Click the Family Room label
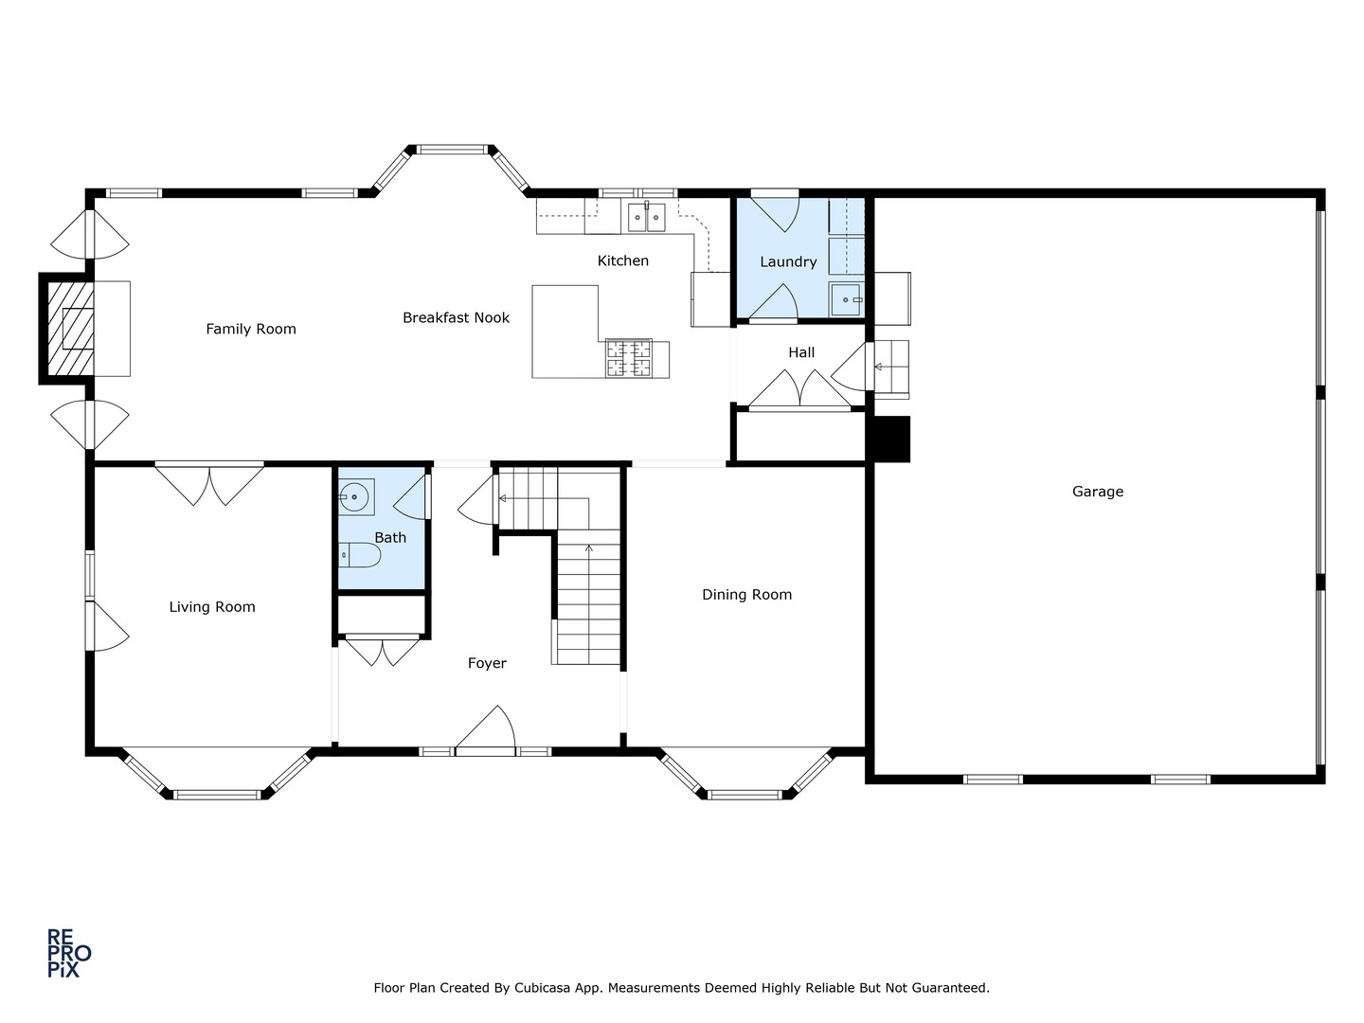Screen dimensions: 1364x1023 250,329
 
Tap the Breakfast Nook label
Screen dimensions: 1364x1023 456,317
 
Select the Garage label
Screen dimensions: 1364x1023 1098,492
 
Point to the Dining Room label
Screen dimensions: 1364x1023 746,595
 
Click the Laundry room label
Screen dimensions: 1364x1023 788,261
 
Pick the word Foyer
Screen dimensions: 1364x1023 487,663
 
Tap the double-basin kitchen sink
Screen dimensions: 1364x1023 646,217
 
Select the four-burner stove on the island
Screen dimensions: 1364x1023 629,358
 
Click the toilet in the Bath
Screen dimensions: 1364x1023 359,555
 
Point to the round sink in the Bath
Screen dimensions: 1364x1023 355,497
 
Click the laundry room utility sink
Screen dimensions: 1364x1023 846,299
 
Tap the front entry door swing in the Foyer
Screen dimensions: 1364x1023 485,729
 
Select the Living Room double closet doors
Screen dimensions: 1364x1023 209,483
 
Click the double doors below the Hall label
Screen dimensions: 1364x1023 800,390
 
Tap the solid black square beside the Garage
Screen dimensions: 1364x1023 892,440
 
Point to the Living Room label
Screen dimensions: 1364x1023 212,607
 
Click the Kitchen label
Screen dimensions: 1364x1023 622,260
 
